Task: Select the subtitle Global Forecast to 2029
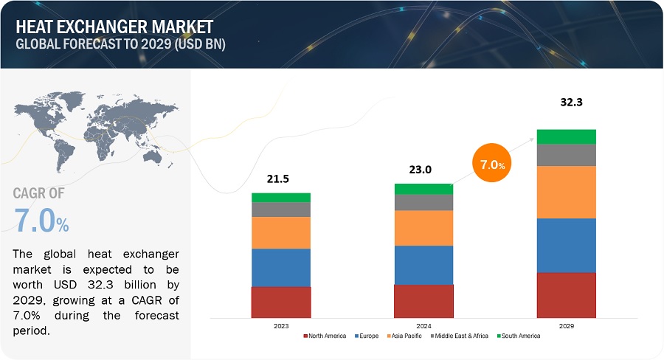(x=120, y=44)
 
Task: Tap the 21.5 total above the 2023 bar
(x=280, y=179)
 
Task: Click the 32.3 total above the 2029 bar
(x=567, y=103)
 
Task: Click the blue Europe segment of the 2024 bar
(x=423, y=265)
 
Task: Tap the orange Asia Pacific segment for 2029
(x=567, y=192)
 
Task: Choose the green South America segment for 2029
(x=567, y=136)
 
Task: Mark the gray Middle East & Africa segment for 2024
(x=423, y=202)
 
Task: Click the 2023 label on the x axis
(x=281, y=325)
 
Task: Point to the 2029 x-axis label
(x=567, y=325)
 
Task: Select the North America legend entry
(x=326, y=336)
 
